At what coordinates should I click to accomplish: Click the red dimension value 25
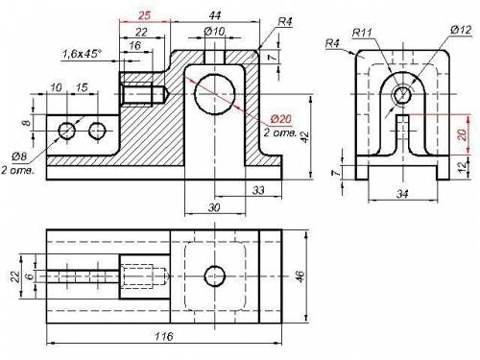pyautogui.click(x=144, y=15)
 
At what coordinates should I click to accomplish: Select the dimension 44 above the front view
pyautogui.click(x=215, y=15)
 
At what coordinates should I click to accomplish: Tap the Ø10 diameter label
pyautogui.click(x=214, y=31)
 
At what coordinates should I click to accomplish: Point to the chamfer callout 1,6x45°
pyautogui.click(x=82, y=54)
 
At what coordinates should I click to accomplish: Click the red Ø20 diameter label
pyautogui.click(x=281, y=119)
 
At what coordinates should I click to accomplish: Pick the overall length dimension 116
pyautogui.click(x=163, y=336)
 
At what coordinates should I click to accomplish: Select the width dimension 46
pyautogui.click(x=300, y=276)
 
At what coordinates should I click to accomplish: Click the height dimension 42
pyautogui.click(x=305, y=137)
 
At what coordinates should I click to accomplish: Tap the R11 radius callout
pyautogui.click(x=362, y=33)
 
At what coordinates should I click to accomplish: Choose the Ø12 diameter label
pyautogui.click(x=461, y=30)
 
